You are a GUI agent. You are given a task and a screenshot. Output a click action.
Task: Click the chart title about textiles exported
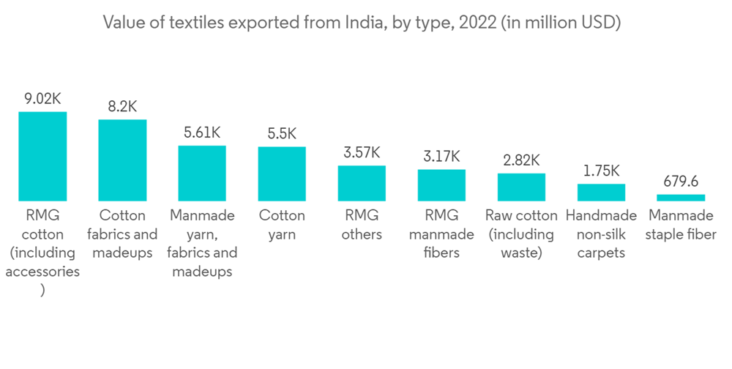click(x=362, y=23)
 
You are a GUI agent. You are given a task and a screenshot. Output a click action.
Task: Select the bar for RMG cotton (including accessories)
click(x=42, y=156)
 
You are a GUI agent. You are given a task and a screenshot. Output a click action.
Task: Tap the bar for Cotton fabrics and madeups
click(x=122, y=160)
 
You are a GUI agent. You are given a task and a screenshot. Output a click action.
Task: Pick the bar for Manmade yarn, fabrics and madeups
click(x=202, y=173)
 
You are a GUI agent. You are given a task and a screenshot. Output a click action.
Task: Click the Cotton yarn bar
click(x=282, y=174)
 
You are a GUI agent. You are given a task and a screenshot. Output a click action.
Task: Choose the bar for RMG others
click(x=362, y=183)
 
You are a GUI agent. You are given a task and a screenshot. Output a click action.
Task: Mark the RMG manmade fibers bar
click(x=441, y=184)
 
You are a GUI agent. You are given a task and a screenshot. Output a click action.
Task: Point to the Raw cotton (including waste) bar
click(x=521, y=187)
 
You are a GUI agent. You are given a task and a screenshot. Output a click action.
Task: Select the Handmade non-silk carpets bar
click(x=601, y=192)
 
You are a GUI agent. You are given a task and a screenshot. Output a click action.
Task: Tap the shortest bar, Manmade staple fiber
click(x=681, y=197)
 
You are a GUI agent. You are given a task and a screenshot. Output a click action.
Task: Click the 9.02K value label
click(x=42, y=98)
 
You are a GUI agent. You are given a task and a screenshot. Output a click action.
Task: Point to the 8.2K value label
click(x=122, y=106)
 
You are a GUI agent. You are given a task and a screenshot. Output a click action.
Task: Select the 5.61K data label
click(x=202, y=133)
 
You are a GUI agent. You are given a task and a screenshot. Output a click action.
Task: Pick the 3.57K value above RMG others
click(x=362, y=152)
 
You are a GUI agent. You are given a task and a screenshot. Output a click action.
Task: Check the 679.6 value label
click(x=681, y=181)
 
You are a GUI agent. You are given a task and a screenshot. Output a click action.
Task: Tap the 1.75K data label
click(x=601, y=171)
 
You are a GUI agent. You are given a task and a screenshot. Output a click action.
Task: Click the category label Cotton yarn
click(x=282, y=225)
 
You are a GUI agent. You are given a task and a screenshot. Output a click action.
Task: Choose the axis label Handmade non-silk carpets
click(x=601, y=234)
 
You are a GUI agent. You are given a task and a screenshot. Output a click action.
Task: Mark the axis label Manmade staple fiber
click(x=681, y=225)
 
